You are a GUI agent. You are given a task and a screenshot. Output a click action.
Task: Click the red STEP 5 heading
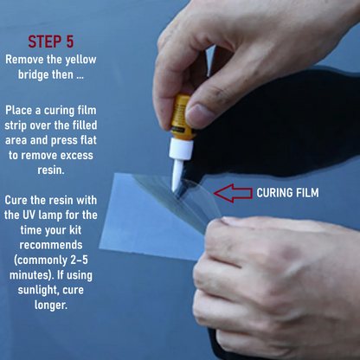[x=51, y=42]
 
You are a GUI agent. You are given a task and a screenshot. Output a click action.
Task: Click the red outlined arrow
[x=233, y=193]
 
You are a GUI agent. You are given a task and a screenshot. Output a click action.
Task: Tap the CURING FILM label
[x=287, y=193]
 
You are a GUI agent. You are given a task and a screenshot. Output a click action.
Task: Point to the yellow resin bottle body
[x=182, y=115]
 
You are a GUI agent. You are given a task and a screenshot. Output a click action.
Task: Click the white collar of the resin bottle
[x=181, y=149]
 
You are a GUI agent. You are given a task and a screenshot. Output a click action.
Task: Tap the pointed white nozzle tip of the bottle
[x=174, y=190]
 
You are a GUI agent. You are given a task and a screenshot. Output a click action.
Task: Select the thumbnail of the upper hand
[x=197, y=113]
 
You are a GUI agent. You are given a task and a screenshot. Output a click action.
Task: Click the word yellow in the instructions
[x=80, y=60]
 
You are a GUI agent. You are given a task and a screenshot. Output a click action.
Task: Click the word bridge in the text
[x=34, y=74]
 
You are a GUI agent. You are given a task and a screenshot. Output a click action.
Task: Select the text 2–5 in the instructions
[x=79, y=260]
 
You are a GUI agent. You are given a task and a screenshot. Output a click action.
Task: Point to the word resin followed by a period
[x=51, y=170]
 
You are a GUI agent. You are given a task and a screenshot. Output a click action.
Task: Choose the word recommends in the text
[x=51, y=245]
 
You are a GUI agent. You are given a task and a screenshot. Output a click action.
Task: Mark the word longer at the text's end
[x=51, y=305]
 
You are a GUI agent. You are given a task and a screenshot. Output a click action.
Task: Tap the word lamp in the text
[x=50, y=215]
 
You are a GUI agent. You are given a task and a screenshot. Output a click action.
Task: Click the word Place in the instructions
[x=18, y=110]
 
